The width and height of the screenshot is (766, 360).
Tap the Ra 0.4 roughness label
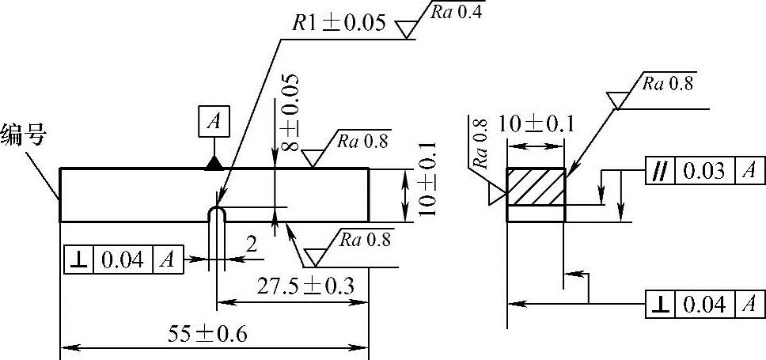[x=456, y=13]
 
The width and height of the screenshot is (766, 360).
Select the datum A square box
[x=214, y=122]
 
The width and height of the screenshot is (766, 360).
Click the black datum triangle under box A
[x=214, y=163]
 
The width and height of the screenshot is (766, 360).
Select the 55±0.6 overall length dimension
[x=208, y=334]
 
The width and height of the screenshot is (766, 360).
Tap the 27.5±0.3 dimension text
[x=305, y=286]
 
